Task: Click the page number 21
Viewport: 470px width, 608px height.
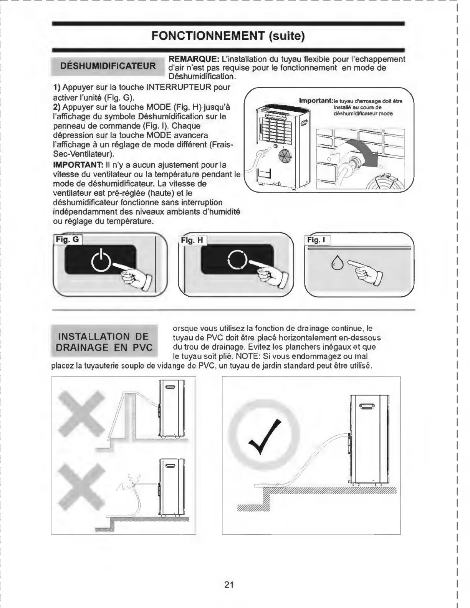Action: click(x=229, y=585)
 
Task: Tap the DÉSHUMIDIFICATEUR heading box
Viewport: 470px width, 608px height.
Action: click(x=108, y=66)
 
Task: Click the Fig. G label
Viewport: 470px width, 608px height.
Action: click(x=67, y=240)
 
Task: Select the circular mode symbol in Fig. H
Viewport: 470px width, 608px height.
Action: click(x=236, y=260)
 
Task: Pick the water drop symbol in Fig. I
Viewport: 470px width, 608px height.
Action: click(x=338, y=263)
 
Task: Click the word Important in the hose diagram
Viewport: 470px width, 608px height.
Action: click(x=315, y=101)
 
